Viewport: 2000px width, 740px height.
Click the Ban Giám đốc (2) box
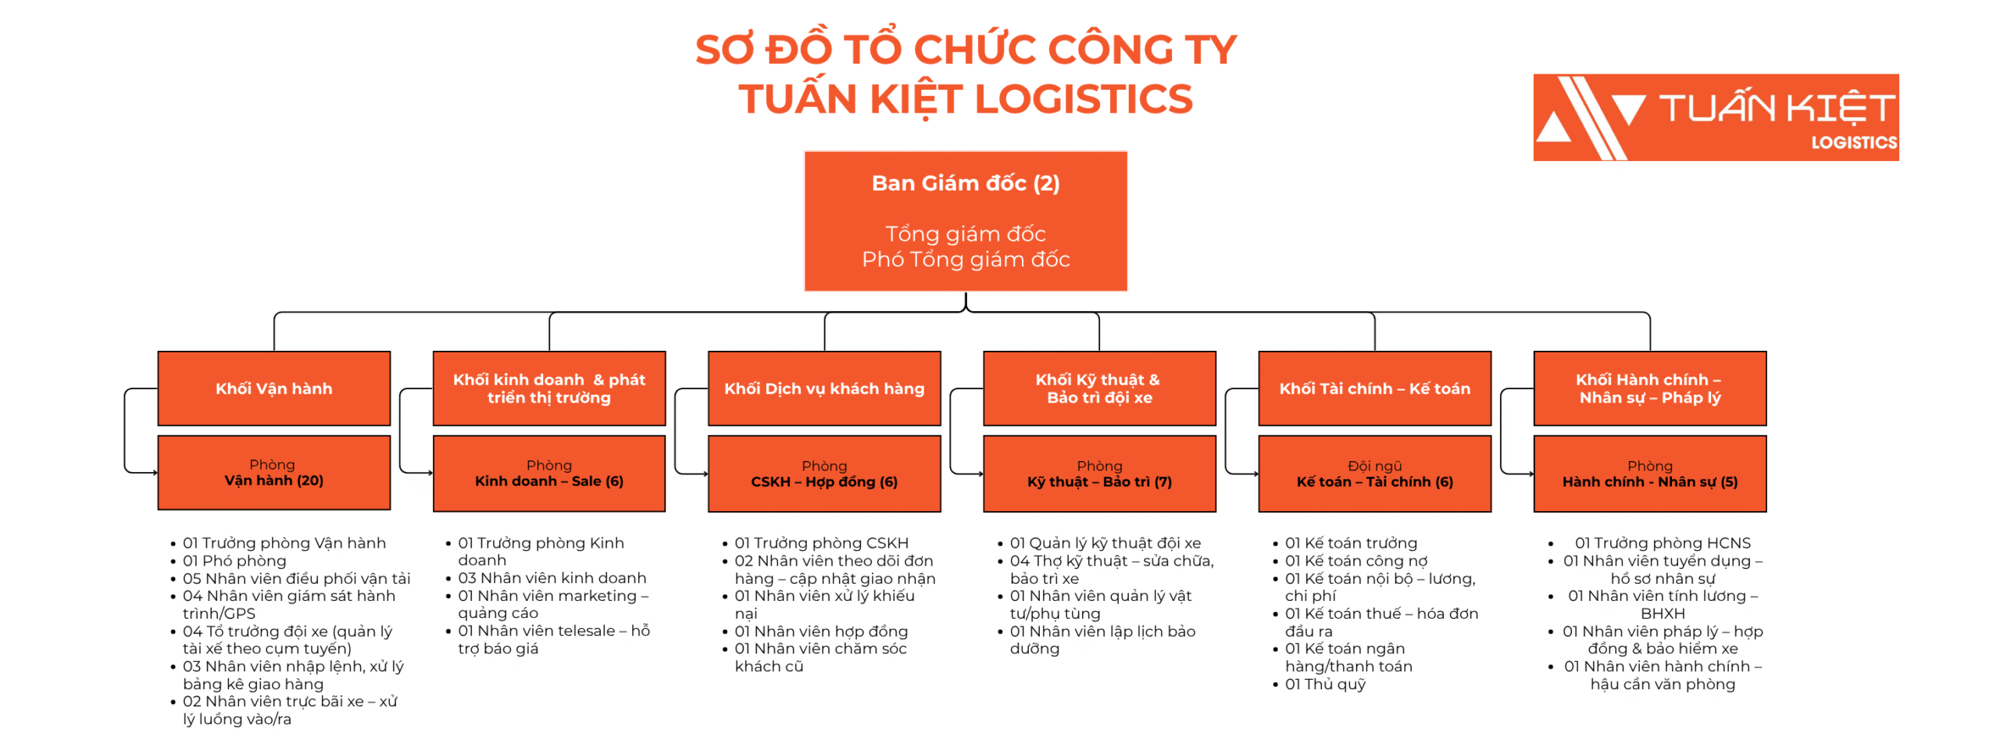(x=965, y=221)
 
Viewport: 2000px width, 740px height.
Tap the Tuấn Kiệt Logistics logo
(x=1716, y=117)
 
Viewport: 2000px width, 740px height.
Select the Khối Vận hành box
(x=273, y=388)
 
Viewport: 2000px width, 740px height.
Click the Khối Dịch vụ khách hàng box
(x=824, y=388)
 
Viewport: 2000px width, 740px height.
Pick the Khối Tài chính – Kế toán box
(x=1374, y=388)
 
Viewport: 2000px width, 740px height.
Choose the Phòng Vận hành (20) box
(x=273, y=473)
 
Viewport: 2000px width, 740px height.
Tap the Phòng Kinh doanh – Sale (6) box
(x=549, y=474)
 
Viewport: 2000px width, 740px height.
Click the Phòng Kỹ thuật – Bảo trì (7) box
(x=1099, y=474)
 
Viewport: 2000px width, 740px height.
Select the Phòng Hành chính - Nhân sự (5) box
(x=1649, y=474)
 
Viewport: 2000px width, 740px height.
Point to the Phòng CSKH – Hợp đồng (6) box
(x=824, y=474)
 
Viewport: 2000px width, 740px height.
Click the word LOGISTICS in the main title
(x=1084, y=99)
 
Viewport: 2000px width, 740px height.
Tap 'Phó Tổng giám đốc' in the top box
(x=965, y=259)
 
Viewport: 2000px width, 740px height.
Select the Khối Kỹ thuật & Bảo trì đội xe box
(x=1099, y=388)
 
